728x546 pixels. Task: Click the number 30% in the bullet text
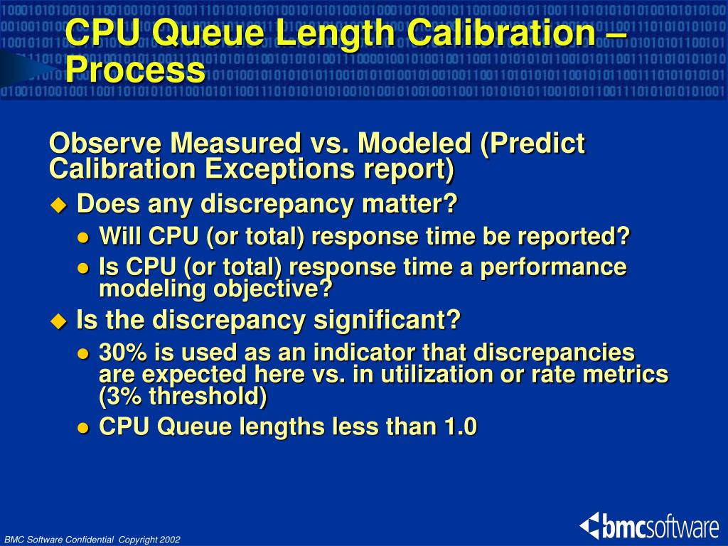(x=122, y=353)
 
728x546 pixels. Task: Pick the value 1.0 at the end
(x=460, y=427)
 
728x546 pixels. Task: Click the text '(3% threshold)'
(x=183, y=397)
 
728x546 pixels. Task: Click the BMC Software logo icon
(x=590, y=526)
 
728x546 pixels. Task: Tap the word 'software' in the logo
(x=682, y=528)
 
